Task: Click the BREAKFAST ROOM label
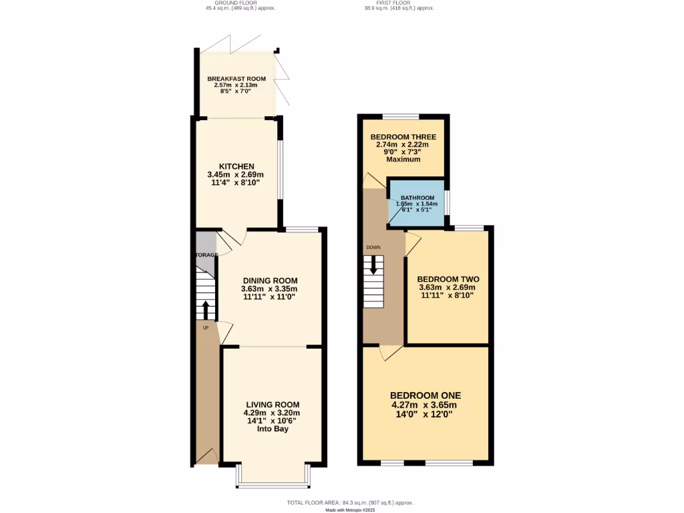[x=236, y=79]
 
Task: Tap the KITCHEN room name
[x=236, y=166]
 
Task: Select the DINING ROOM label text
[x=270, y=281]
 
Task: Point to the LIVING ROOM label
[x=273, y=405]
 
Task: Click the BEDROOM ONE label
[x=425, y=395]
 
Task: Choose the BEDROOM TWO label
[x=448, y=279]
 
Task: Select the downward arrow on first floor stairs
[x=373, y=265]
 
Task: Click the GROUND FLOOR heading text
[x=240, y=3]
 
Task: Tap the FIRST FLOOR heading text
[x=398, y=3]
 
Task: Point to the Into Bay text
[x=273, y=429]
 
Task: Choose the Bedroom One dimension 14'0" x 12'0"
[x=425, y=414]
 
